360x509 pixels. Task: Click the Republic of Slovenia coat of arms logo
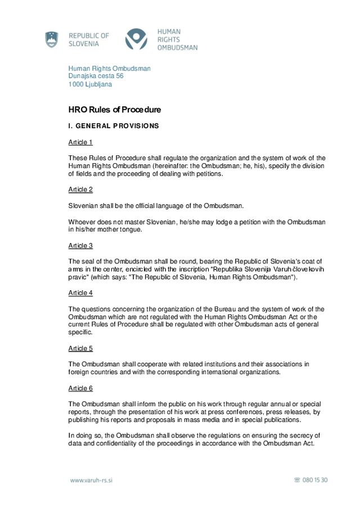click(x=52, y=39)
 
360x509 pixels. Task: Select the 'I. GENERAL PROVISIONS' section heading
click(x=113, y=126)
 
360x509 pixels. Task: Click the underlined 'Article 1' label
click(x=80, y=142)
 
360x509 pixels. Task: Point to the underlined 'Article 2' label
click(x=80, y=190)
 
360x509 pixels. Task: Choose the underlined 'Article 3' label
click(x=80, y=246)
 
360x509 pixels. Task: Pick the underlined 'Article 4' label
click(x=80, y=293)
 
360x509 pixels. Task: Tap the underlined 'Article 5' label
click(x=80, y=348)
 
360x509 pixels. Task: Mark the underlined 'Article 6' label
click(x=80, y=388)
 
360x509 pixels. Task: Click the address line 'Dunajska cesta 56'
click(x=96, y=76)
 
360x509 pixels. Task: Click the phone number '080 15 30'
click(x=315, y=480)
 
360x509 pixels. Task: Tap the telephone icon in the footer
click(x=297, y=480)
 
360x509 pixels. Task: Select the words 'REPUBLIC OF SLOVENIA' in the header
click(x=88, y=39)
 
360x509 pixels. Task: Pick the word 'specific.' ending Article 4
click(x=80, y=332)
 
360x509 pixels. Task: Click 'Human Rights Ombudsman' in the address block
click(x=109, y=68)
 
